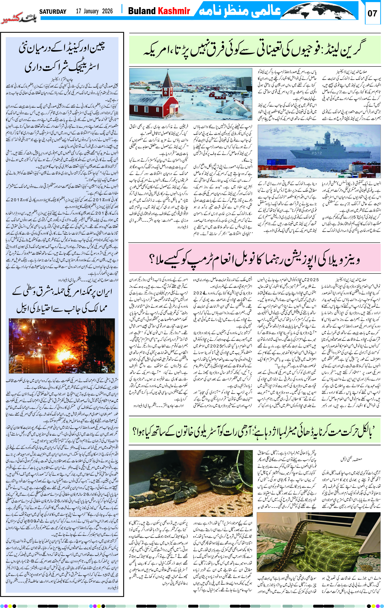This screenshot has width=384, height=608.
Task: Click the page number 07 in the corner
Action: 372,13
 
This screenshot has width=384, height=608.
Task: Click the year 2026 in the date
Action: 107,11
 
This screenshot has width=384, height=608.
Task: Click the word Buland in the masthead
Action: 142,11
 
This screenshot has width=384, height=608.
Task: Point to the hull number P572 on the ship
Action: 317,153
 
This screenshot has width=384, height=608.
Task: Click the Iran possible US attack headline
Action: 62,301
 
